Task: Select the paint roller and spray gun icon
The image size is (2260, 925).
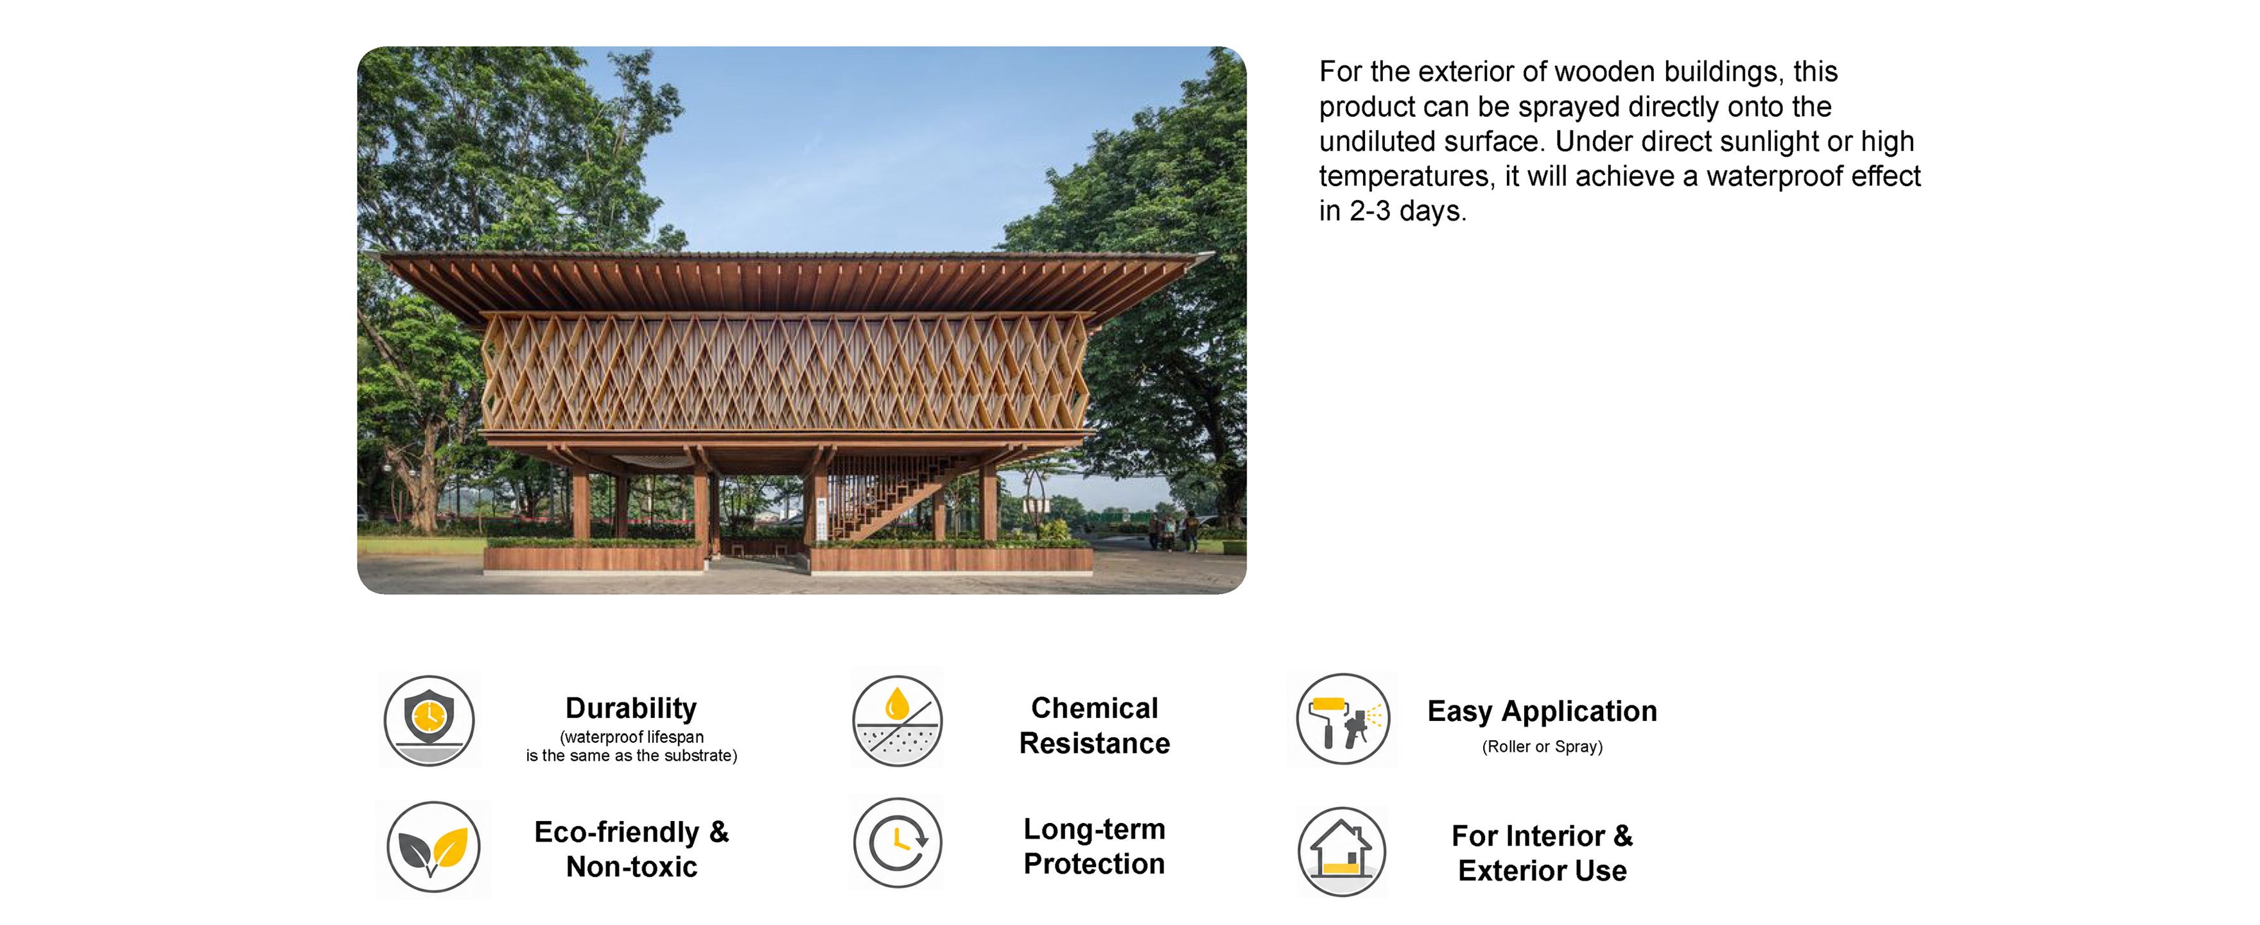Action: (x=1343, y=719)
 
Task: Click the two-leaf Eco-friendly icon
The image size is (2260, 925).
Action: (x=433, y=847)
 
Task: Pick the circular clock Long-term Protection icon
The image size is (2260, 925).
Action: (x=898, y=843)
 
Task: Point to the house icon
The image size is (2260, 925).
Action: (x=1341, y=851)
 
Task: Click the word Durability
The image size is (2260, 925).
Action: (x=630, y=708)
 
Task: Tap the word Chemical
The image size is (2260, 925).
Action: (x=1094, y=708)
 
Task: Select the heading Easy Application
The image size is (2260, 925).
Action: (x=1542, y=711)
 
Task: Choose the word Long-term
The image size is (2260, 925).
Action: (x=1094, y=829)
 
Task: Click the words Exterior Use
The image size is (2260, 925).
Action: (x=1542, y=870)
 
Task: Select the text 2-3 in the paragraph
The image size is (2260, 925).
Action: (x=1369, y=210)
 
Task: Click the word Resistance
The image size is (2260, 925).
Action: (x=1094, y=743)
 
